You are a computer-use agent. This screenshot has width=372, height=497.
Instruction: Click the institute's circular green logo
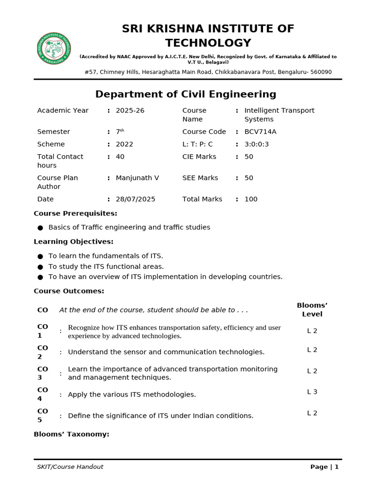(54, 49)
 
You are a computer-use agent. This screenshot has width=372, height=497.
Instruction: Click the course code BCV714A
(261, 132)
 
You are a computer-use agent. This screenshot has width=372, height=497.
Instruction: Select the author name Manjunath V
(137, 178)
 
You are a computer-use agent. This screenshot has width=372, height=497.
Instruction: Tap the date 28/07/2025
(136, 199)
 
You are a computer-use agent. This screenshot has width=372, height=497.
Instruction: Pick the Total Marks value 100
(251, 199)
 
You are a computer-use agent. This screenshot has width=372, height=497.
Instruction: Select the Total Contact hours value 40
(120, 156)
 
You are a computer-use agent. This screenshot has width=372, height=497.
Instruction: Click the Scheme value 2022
(124, 144)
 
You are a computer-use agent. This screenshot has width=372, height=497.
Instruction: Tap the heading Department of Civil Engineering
(186, 94)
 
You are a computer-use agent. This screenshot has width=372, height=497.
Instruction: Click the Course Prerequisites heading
(75, 214)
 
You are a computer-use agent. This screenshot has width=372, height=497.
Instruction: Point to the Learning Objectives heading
(74, 242)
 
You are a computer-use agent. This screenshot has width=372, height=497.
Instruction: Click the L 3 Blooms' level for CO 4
(312, 392)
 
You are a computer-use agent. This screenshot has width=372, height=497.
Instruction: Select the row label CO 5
(43, 415)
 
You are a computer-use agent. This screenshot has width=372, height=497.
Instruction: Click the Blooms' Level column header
(312, 310)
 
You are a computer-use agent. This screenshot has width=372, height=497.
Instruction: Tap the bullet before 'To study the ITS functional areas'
(40, 266)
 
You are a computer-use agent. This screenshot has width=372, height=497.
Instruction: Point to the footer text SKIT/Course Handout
(70, 467)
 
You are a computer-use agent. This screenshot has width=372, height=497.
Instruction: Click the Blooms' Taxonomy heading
(71, 434)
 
